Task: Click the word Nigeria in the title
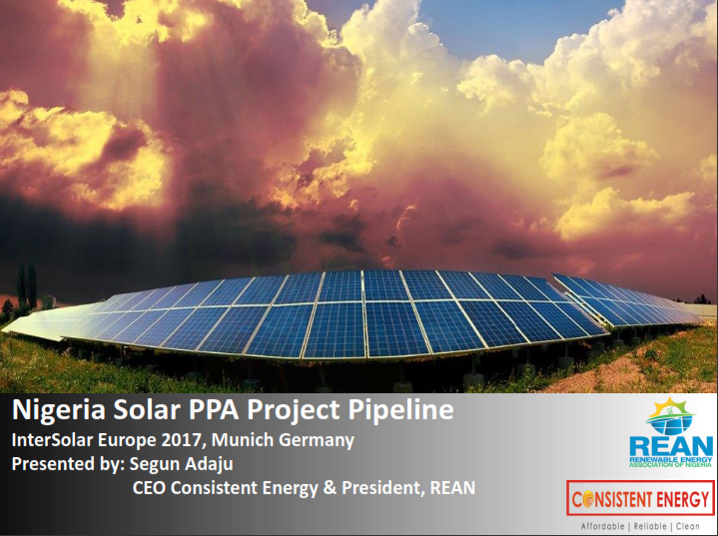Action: (x=59, y=410)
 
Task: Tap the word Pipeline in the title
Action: (x=401, y=410)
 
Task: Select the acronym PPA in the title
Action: (x=215, y=409)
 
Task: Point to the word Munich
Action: (x=243, y=440)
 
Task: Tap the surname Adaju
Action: (x=209, y=464)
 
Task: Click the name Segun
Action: (x=155, y=465)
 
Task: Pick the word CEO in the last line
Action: (x=149, y=488)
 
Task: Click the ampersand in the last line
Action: (x=330, y=488)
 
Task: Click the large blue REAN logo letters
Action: (x=671, y=447)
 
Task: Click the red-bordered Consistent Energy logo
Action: (x=640, y=498)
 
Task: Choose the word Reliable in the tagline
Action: (x=650, y=526)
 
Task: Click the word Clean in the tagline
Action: (x=688, y=526)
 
